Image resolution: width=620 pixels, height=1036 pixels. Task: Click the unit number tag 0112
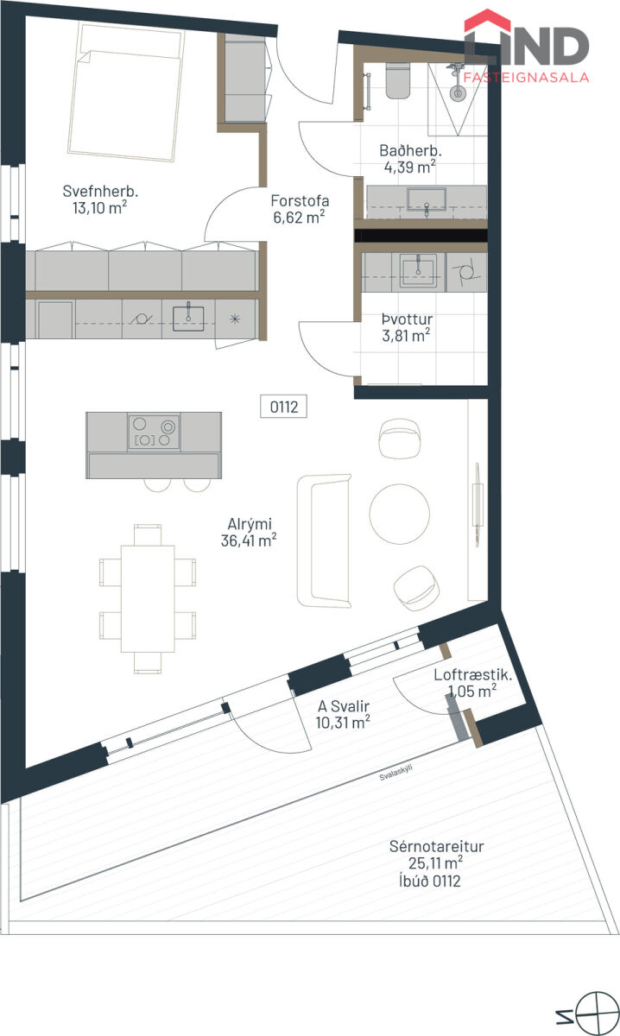[x=283, y=407]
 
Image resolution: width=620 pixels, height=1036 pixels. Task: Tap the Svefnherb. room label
[x=100, y=191]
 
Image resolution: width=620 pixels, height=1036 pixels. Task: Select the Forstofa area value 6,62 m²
[x=299, y=217]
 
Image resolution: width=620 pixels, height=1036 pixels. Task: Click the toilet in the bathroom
[x=397, y=81]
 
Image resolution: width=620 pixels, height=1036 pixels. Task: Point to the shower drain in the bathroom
[x=458, y=93]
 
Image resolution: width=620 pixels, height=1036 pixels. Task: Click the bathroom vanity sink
[x=427, y=199]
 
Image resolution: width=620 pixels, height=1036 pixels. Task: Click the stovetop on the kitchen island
[x=154, y=432]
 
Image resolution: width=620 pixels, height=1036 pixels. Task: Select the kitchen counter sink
[x=188, y=319]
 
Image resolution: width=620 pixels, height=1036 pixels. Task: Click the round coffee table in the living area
[x=399, y=514]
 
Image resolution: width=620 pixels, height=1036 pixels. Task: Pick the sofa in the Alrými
[x=324, y=540]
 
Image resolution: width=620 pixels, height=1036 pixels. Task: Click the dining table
[x=148, y=599]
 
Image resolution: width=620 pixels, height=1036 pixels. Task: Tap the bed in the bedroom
[x=125, y=92]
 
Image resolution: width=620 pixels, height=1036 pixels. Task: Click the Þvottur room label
[x=408, y=319]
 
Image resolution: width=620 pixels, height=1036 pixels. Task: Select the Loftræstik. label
[x=473, y=675]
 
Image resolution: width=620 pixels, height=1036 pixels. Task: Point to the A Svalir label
[x=344, y=706]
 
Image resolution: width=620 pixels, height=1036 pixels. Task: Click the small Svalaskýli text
[x=395, y=773]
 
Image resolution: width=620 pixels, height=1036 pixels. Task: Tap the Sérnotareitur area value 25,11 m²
[x=435, y=863]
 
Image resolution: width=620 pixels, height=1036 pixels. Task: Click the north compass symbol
[x=596, y=1014]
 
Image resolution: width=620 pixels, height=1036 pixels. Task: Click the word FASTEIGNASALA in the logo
[x=526, y=77]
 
